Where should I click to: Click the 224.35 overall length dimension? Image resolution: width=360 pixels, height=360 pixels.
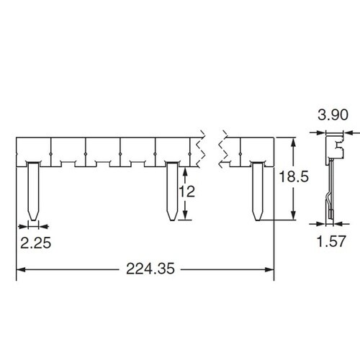pyautogui.click(x=150, y=269)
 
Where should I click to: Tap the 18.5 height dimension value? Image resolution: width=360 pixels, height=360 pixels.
pyautogui.click(x=294, y=177)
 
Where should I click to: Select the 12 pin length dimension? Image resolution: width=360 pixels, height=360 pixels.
pyautogui.click(x=187, y=192)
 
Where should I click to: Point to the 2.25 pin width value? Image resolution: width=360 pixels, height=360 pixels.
pyautogui.click(x=36, y=243)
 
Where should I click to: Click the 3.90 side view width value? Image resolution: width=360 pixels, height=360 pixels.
pyautogui.click(x=333, y=114)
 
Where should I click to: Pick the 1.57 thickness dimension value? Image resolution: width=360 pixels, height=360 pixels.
pyautogui.click(x=331, y=241)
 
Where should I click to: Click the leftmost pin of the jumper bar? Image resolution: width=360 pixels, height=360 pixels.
pyautogui.click(x=33, y=192)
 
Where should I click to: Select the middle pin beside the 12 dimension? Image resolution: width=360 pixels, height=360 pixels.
pyautogui.click(x=172, y=192)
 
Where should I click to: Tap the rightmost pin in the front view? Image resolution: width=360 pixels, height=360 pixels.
pyautogui.click(x=258, y=192)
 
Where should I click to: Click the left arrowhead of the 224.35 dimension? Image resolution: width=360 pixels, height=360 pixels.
pyautogui.click(x=21, y=270)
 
